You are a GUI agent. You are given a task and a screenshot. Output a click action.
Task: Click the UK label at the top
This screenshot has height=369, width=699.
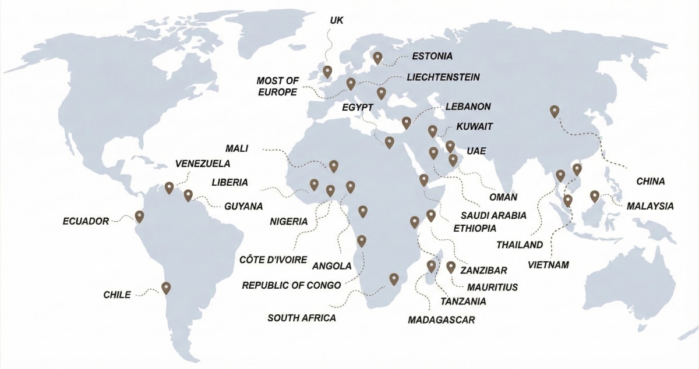pos(337,20)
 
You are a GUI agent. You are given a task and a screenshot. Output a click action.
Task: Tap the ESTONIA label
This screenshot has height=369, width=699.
pos(432,56)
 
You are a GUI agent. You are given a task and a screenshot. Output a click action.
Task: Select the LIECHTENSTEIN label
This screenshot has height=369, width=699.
pos(443,77)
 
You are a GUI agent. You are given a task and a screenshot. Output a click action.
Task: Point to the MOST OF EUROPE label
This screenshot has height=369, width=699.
pos(277,86)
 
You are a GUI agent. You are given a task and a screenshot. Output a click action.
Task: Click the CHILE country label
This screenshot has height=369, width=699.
pos(116,294)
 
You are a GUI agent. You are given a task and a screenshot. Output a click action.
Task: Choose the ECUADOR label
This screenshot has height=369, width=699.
pos(86,221)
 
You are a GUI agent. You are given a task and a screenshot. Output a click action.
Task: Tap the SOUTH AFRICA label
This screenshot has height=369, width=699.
pos(302,318)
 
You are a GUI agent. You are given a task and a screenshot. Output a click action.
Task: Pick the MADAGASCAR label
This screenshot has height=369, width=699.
pos(442,320)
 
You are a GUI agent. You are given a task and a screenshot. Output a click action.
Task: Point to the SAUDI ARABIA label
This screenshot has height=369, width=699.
pos(494,215)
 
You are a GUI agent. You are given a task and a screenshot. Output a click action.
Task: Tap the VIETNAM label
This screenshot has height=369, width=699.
pos(548,265)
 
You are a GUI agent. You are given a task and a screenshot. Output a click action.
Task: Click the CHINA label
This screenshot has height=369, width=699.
pos(650,182)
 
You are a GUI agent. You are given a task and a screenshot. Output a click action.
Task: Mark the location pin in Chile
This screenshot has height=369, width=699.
pos(166,288)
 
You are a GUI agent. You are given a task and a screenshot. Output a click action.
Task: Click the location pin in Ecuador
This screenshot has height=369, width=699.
pos(139,217)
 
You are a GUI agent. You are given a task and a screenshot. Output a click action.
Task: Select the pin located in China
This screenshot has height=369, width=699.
pos(555,111)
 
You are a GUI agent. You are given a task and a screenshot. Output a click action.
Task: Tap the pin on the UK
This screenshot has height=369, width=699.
pos(327,72)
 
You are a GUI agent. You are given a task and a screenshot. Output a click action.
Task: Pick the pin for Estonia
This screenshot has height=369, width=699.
pos(377,57)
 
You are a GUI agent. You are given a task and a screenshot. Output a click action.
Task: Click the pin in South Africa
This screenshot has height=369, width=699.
pos(394,279)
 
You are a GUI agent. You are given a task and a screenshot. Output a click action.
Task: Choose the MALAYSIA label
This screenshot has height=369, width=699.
pos(650,206)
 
